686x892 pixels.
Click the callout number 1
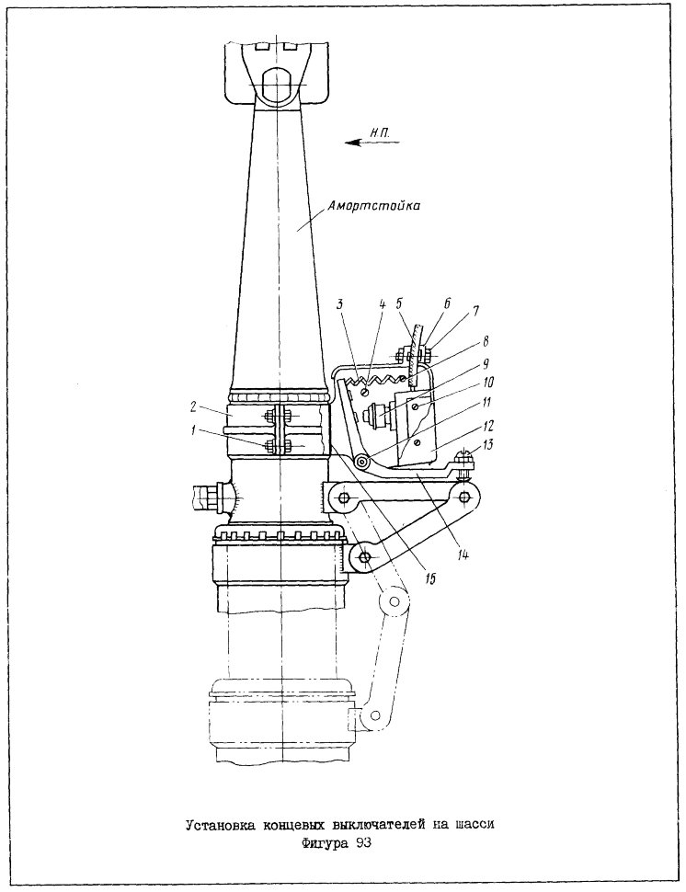[x=195, y=430]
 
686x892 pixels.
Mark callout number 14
[x=463, y=555]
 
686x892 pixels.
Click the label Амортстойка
[x=373, y=206]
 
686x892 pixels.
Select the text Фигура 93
[x=337, y=842]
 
